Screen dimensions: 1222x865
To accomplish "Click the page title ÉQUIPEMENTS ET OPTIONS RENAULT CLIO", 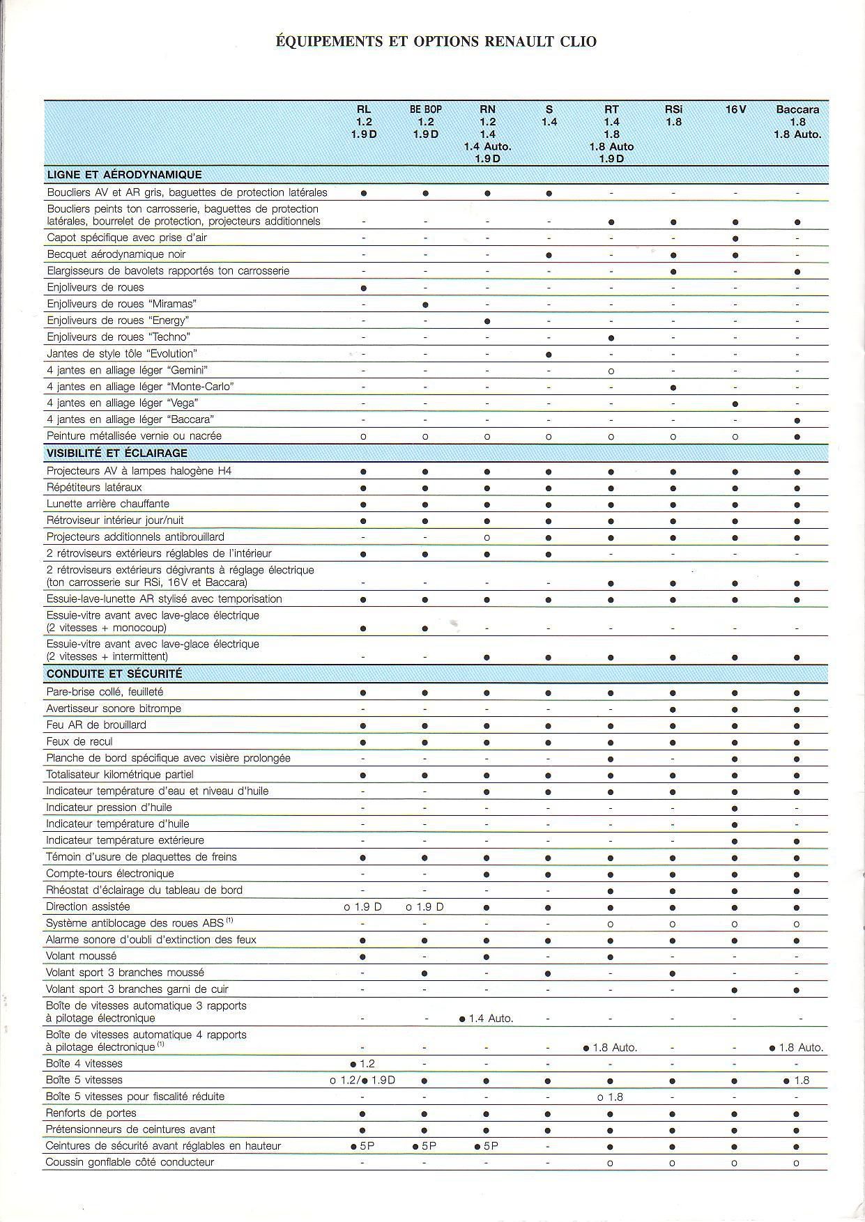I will pos(436,42).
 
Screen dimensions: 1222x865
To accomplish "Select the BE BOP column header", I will pos(425,109).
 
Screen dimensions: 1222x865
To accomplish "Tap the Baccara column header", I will pos(797,109).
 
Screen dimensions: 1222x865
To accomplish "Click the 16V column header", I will pos(735,109).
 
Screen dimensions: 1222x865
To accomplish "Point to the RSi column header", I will pos(673,109).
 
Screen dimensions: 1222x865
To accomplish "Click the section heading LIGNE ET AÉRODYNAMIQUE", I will pos(124,175).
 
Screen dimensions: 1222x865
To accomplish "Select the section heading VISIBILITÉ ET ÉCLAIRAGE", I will pos(117,454).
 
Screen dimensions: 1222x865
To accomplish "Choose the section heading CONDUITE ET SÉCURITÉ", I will pos(114,674).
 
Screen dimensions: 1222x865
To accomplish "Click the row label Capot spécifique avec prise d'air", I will pos(127,238).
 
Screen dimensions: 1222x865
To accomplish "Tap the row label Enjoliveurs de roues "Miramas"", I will pos(122,304).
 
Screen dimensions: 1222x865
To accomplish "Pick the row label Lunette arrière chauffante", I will pos(108,504).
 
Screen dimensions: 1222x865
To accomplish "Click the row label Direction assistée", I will pos(88,906).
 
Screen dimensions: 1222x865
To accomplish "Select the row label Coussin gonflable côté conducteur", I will pos(130,1162).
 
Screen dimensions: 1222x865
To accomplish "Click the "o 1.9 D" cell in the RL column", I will pos(363,907).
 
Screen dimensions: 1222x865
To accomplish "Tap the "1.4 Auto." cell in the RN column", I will pos(487,1019).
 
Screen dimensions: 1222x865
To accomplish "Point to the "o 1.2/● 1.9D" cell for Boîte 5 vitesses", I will pos(362,1081).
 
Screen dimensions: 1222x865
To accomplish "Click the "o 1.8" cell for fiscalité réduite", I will pos(611,1097).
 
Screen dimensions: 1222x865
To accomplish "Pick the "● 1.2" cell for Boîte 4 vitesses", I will pos(363,1064).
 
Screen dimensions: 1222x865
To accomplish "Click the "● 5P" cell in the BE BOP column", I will pos(424,1146).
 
